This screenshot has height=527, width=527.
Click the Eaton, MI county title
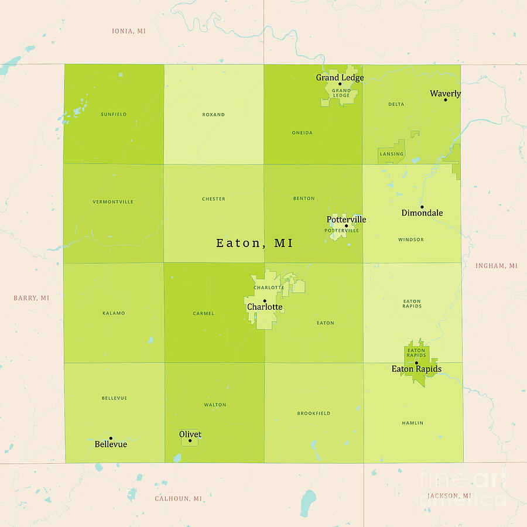[x=255, y=243]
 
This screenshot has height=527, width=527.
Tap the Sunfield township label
[x=114, y=114]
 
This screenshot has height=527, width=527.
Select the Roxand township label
[x=213, y=115]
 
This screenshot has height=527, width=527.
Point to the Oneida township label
[x=302, y=133]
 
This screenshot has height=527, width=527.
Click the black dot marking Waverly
[x=445, y=100]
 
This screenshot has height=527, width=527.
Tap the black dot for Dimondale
[x=422, y=207]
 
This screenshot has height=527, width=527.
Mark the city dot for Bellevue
[x=111, y=438]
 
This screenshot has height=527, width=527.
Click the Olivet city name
[x=190, y=434]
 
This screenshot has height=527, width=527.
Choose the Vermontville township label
[x=113, y=202]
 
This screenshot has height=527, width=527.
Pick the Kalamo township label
[x=114, y=313]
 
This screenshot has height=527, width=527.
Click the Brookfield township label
[x=314, y=413]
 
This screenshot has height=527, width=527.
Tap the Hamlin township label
[x=413, y=423]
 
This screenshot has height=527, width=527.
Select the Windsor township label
[x=411, y=239]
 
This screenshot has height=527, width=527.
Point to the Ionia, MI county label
[x=129, y=31]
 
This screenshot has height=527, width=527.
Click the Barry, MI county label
[x=32, y=298]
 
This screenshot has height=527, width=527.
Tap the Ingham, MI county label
[x=497, y=266]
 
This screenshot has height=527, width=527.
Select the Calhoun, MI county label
[x=179, y=499]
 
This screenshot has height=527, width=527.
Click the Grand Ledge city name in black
[x=340, y=77]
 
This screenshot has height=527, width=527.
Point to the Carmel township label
[x=203, y=314]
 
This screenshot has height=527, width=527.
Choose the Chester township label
[x=213, y=199]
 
